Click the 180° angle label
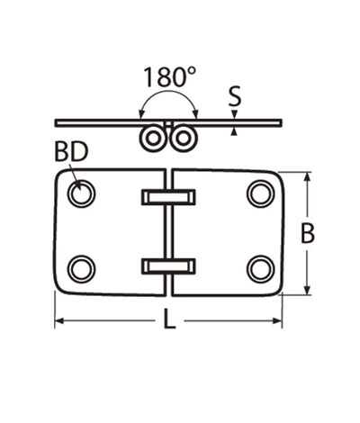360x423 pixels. [168, 76]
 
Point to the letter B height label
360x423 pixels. [308, 234]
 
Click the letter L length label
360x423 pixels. [169, 321]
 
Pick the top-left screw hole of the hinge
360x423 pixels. [82, 193]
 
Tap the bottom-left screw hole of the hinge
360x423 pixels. [82, 268]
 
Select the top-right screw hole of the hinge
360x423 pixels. [260, 193]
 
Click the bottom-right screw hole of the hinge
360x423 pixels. [260, 268]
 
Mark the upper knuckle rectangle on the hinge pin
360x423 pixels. [169, 196]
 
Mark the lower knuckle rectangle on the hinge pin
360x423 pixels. [169, 265]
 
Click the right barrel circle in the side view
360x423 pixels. [184, 138]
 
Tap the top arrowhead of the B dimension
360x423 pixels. [308, 177]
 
